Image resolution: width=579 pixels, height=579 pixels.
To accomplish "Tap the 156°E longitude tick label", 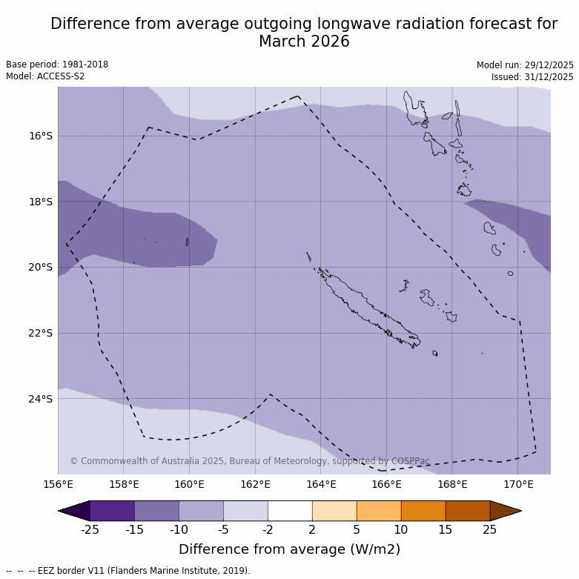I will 58,485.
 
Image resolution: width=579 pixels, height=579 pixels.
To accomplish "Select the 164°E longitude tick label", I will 321,485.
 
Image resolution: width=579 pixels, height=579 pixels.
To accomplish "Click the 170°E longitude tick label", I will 518,485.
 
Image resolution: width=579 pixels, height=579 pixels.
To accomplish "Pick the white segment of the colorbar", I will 290,511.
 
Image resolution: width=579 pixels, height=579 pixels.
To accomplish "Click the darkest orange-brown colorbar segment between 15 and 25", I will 468,511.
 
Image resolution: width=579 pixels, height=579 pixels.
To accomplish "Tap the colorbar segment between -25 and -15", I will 113,511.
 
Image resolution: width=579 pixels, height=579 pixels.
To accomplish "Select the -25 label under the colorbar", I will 90,529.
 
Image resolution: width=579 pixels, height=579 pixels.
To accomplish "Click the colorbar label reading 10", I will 401,529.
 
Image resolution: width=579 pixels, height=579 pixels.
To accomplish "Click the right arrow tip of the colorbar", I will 520,511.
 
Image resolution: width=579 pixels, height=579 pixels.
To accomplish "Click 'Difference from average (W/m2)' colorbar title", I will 290,549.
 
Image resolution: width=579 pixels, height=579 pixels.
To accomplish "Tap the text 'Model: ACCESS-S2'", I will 45,76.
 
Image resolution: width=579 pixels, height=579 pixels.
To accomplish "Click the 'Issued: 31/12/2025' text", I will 532,77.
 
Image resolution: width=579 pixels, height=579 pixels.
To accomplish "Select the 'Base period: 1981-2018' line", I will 57,64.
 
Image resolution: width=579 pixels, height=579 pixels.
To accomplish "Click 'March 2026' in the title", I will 304,42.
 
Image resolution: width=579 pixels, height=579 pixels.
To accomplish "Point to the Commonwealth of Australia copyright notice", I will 250,461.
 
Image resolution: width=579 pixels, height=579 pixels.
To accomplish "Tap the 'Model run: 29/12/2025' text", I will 525,65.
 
